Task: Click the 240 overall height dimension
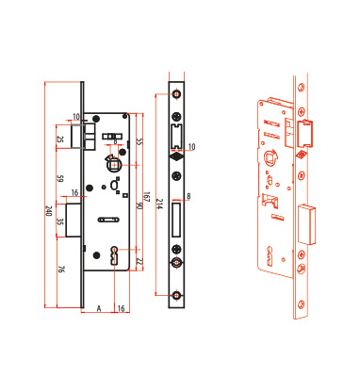pos(48,211)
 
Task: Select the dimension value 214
pos(159,204)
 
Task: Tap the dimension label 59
pos(60,179)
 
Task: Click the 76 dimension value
pos(61,269)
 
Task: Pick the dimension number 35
pos(60,222)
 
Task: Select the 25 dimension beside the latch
pos(60,139)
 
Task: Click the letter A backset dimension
pos(99,308)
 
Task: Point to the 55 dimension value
pos(139,141)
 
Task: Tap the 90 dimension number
pos(139,206)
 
